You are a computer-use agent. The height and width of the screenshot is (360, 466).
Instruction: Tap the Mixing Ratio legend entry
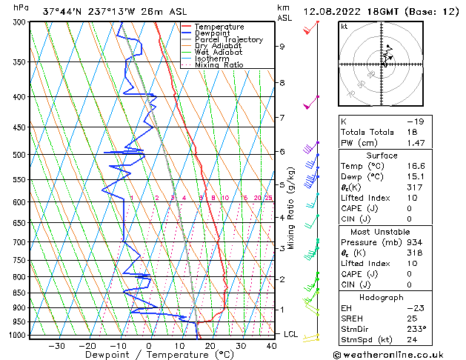coord(219,65)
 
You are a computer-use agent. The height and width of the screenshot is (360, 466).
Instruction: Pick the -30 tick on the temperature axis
coord(56,346)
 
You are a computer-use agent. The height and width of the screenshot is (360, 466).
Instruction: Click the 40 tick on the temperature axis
coord(272,346)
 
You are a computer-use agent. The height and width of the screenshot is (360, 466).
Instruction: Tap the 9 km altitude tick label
coord(282,47)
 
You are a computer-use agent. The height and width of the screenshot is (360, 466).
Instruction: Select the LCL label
coord(291,334)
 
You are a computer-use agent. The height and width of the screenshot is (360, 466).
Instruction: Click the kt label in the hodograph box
coord(344,26)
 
